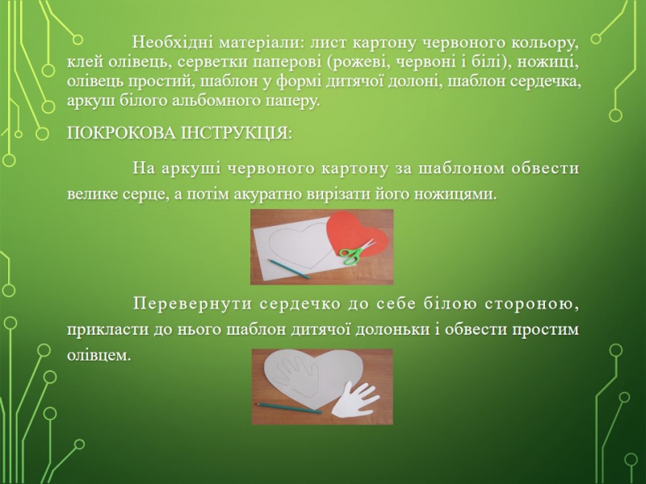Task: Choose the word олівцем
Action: pyautogui.click(x=99, y=356)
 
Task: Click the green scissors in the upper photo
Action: pyautogui.click(x=357, y=252)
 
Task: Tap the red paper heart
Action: pyautogui.click(x=358, y=237)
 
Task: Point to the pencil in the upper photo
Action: pyautogui.click(x=288, y=269)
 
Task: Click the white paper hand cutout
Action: pyautogui.click(x=355, y=400)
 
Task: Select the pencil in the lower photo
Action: pyautogui.click(x=287, y=408)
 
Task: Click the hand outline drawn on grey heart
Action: pyautogui.click(x=297, y=375)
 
